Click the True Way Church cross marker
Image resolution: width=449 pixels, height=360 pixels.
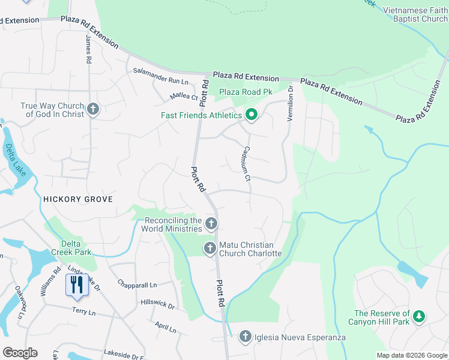[92, 109]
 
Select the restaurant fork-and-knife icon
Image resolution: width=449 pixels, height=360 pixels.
[76, 284]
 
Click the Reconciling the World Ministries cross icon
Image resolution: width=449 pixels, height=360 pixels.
[210, 224]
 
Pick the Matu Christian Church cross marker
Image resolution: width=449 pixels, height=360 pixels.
[210, 248]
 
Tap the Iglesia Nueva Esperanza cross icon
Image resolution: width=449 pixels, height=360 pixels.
[245, 337]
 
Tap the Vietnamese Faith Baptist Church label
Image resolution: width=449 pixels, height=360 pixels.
[415, 15]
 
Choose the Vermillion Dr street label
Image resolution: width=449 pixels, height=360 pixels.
[291, 104]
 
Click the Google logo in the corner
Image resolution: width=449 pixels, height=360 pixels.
[20, 352]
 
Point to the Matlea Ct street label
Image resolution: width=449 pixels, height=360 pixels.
[184, 96]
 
